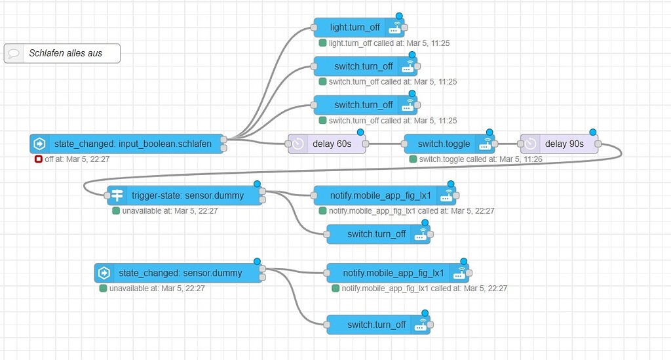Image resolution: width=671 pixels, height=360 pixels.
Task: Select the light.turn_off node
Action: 355,28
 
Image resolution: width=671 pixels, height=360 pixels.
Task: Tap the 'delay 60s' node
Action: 326,144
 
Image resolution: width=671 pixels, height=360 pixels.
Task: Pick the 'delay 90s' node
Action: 559,144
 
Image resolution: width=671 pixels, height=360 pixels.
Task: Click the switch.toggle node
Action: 443,144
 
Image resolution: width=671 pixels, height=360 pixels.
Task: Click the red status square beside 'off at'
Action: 38,159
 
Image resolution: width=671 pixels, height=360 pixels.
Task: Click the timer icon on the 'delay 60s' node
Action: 297,144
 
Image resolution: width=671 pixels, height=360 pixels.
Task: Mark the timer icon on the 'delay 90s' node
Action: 531,144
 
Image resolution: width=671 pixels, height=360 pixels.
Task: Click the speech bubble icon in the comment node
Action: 14,53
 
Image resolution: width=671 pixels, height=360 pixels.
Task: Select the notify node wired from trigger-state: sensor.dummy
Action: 380,195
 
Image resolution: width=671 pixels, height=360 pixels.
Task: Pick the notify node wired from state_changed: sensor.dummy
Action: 393,273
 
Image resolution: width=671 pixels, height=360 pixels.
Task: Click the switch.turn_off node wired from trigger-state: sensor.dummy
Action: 377,234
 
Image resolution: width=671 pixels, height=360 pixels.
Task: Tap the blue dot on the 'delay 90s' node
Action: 593,132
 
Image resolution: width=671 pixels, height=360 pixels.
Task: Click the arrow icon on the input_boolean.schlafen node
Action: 39,144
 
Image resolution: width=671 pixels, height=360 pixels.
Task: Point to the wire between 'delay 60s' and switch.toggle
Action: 384,143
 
